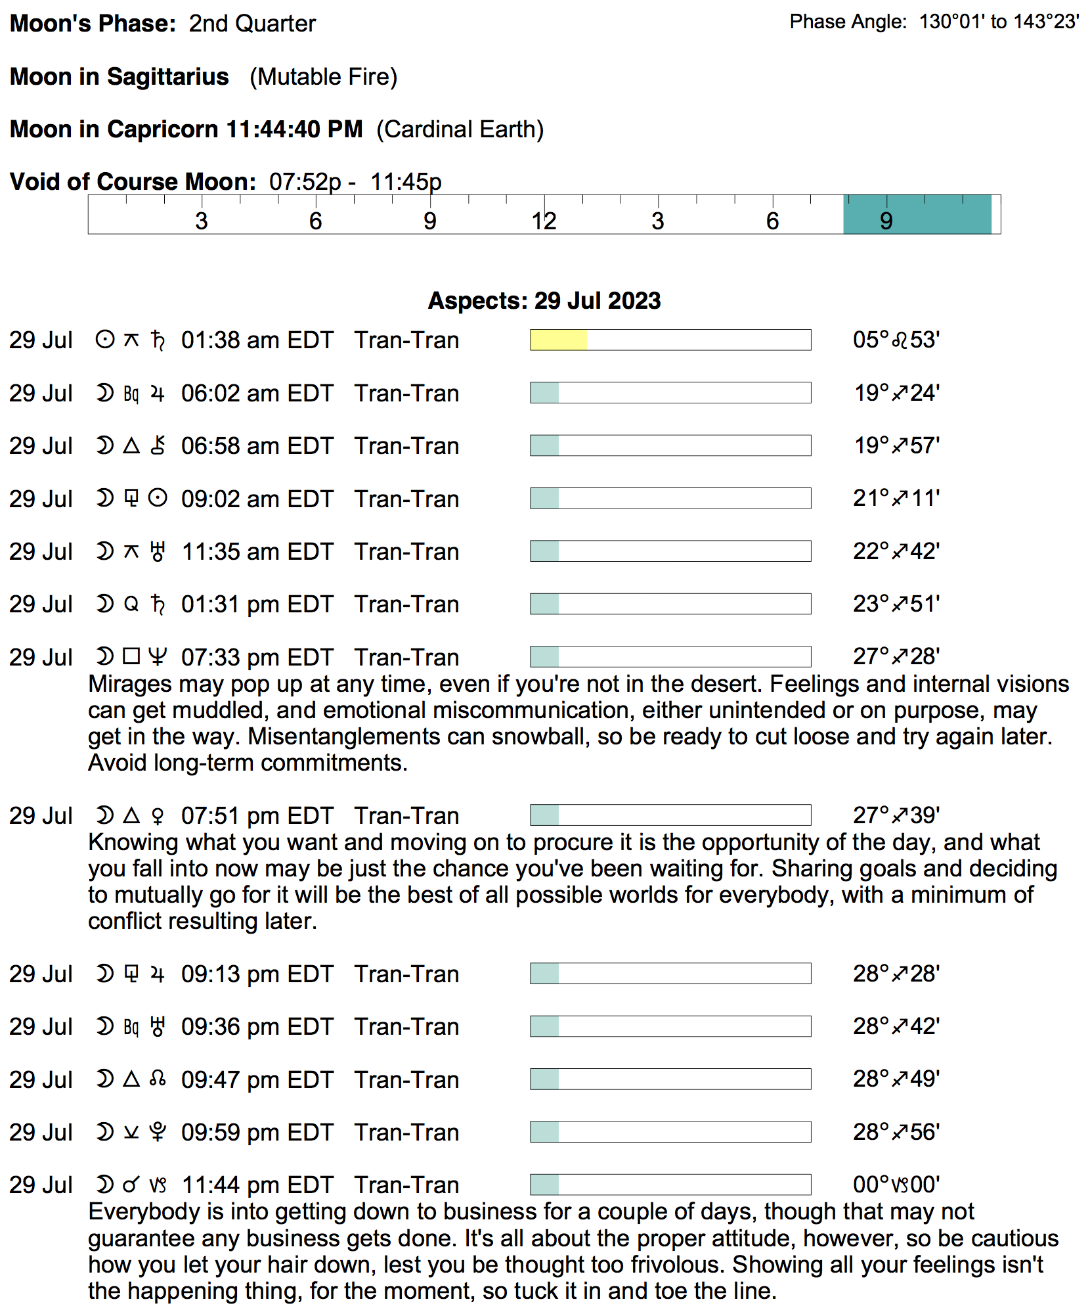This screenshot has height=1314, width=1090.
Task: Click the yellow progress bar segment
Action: click(558, 340)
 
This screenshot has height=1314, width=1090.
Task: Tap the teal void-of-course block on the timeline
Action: click(917, 214)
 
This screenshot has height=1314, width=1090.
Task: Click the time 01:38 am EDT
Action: click(257, 340)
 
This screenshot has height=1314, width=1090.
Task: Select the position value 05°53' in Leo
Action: click(896, 340)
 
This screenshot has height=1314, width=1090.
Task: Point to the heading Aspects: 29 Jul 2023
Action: click(544, 300)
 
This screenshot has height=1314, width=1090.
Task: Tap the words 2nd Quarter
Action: click(252, 24)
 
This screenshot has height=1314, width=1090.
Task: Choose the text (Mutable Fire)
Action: click(323, 77)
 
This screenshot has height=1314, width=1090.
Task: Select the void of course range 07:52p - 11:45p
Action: click(355, 182)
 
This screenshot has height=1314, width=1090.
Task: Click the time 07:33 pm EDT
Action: click(257, 657)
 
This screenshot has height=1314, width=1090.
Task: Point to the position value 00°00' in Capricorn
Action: click(896, 1185)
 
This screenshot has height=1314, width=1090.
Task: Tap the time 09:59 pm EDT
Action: click(257, 1132)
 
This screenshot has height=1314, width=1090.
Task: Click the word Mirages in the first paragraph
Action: click(129, 684)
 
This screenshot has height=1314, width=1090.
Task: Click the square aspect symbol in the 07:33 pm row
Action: click(131, 656)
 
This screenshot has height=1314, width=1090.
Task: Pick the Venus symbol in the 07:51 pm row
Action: click(158, 815)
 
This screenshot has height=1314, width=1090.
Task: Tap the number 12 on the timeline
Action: click(544, 221)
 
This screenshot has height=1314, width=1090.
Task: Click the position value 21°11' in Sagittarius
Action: click(896, 498)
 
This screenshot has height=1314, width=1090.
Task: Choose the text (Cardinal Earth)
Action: click(460, 129)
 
